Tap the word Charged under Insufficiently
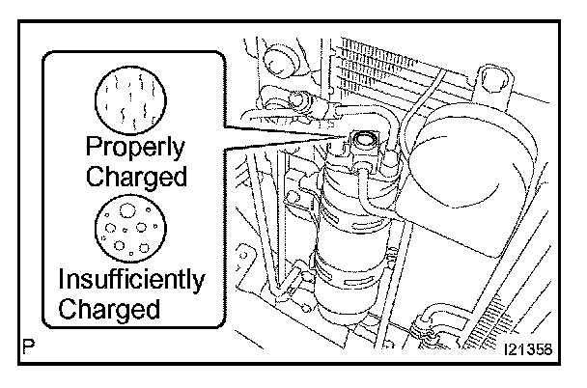coord(108,310)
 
